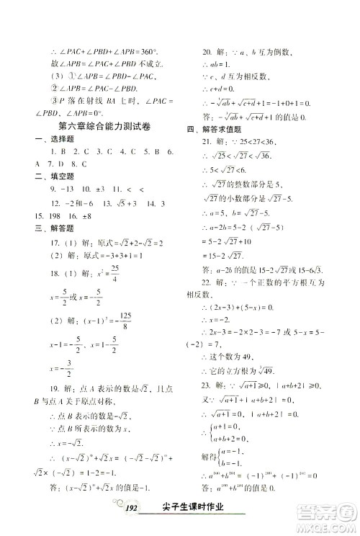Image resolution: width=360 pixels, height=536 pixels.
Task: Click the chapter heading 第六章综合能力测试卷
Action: coord(105,125)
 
